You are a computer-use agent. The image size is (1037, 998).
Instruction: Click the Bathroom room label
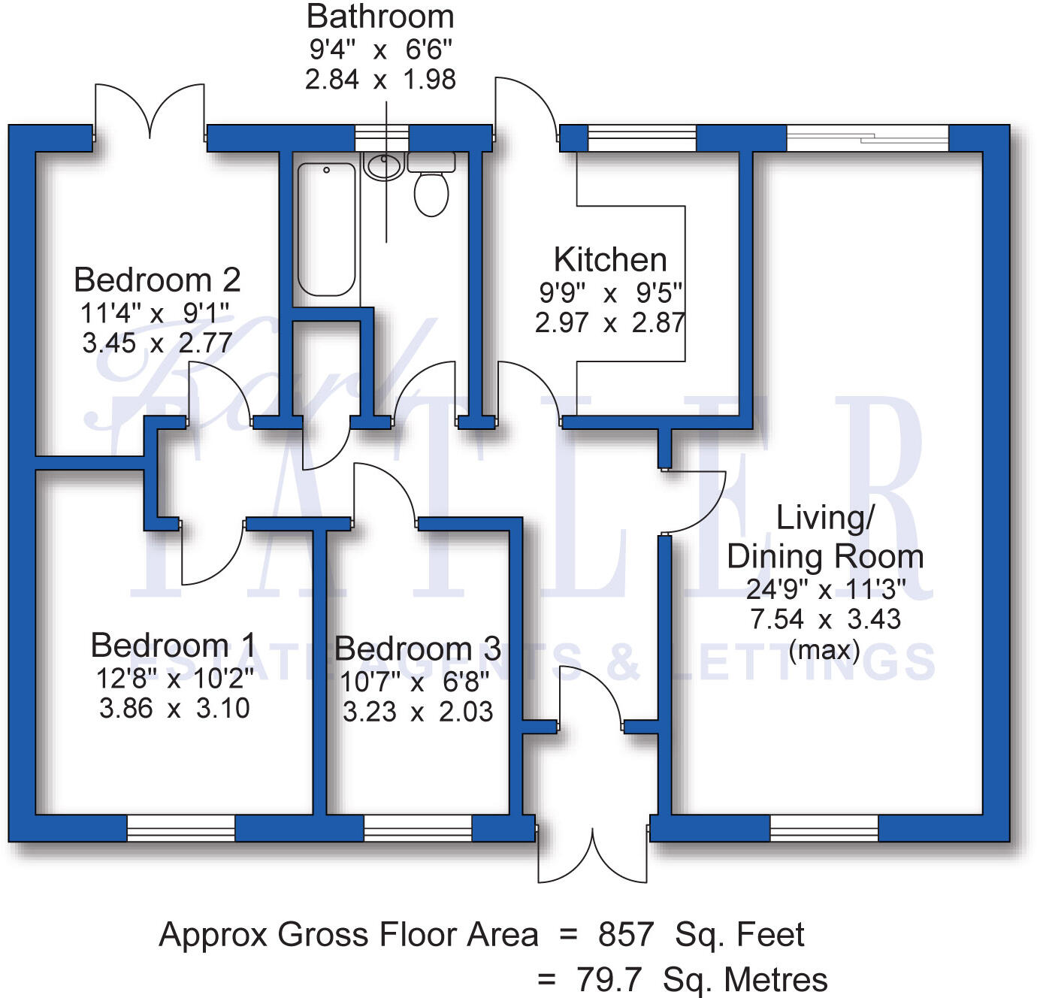[380, 17]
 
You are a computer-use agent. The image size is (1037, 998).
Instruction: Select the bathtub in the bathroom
[326, 229]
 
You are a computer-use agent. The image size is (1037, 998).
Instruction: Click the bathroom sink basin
[384, 166]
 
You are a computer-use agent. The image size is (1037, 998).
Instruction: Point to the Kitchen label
[610, 260]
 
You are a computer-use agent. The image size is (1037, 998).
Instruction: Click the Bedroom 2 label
[157, 280]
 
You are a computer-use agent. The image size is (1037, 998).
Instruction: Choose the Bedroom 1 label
[173, 646]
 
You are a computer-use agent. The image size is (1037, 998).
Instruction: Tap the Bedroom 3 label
[417, 649]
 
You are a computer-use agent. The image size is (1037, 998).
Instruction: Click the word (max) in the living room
[824, 649]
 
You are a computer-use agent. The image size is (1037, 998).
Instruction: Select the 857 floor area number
[626, 935]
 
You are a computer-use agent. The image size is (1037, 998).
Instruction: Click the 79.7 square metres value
[609, 980]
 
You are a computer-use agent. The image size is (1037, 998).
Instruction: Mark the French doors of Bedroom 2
[150, 113]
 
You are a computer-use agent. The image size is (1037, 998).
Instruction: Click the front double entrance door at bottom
[593, 853]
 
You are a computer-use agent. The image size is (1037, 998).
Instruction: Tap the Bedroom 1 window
[181, 827]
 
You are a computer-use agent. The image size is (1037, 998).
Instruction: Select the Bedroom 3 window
[418, 827]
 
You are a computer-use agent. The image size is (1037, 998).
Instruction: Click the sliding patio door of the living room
[868, 138]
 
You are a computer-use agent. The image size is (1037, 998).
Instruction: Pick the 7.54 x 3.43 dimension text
[824, 619]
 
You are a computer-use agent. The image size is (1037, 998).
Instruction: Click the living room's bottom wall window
[824, 827]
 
